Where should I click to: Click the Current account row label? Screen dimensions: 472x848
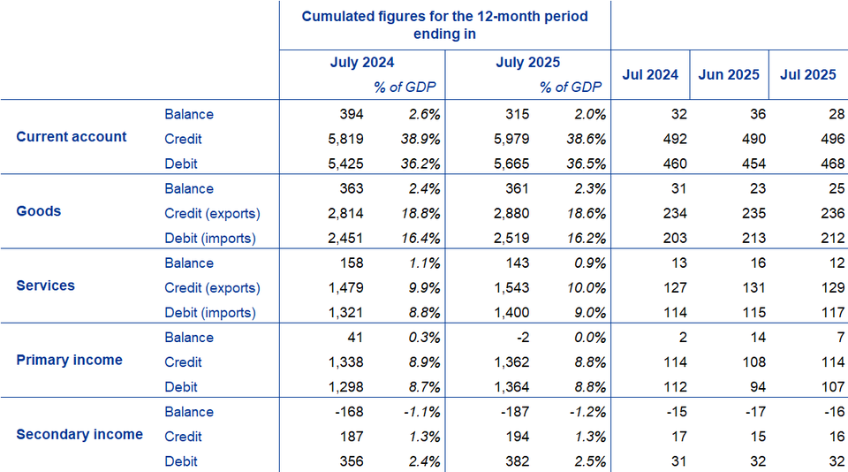pyautogui.click(x=72, y=137)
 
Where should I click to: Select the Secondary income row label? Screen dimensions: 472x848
pyautogui.click(x=79, y=434)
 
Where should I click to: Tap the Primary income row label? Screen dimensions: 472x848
pyautogui.click(x=70, y=360)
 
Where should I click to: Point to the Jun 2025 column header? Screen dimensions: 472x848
pyautogui.click(x=728, y=74)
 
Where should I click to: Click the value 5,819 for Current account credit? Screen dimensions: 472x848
pyautogui.click(x=344, y=139)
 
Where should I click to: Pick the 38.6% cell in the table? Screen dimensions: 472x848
pyautogui.click(x=586, y=139)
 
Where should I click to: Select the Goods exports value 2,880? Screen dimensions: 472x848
pyautogui.click(x=511, y=213)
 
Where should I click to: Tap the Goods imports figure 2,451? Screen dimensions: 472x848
pyautogui.click(x=344, y=238)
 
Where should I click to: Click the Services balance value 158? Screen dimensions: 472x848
pyautogui.click(x=351, y=263)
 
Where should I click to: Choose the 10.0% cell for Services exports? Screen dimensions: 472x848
pyautogui.click(x=586, y=287)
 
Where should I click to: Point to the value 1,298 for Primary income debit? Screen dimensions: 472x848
pyautogui.click(x=344, y=386)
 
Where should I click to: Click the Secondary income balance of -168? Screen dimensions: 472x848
pyautogui.click(x=348, y=411)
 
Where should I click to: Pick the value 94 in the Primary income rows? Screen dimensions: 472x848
pyautogui.click(x=757, y=386)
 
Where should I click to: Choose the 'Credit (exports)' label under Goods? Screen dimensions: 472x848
pyautogui.click(x=212, y=213)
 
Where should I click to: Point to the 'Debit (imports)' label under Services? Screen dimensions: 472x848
pyautogui.click(x=210, y=312)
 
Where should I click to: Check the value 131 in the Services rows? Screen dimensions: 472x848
pyautogui.click(x=753, y=287)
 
